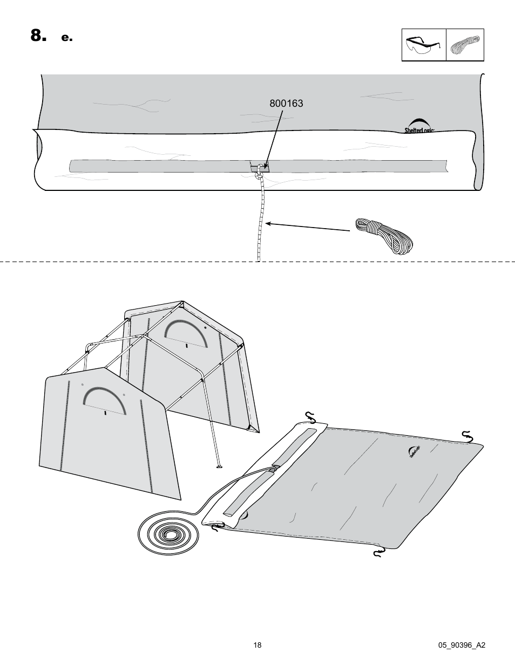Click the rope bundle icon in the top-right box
pyautogui.click(x=465, y=45)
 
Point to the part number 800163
pyautogui.click(x=287, y=104)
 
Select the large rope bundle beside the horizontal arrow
pyautogui.click(x=383, y=235)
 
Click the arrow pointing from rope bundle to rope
pyautogui.click(x=308, y=226)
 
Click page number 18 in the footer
pyautogui.click(x=257, y=646)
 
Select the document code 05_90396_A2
pyautogui.click(x=462, y=646)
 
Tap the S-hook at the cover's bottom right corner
pyautogui.click(x=379, y=552)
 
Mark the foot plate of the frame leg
pyautogui.click(x=219, y=465)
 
